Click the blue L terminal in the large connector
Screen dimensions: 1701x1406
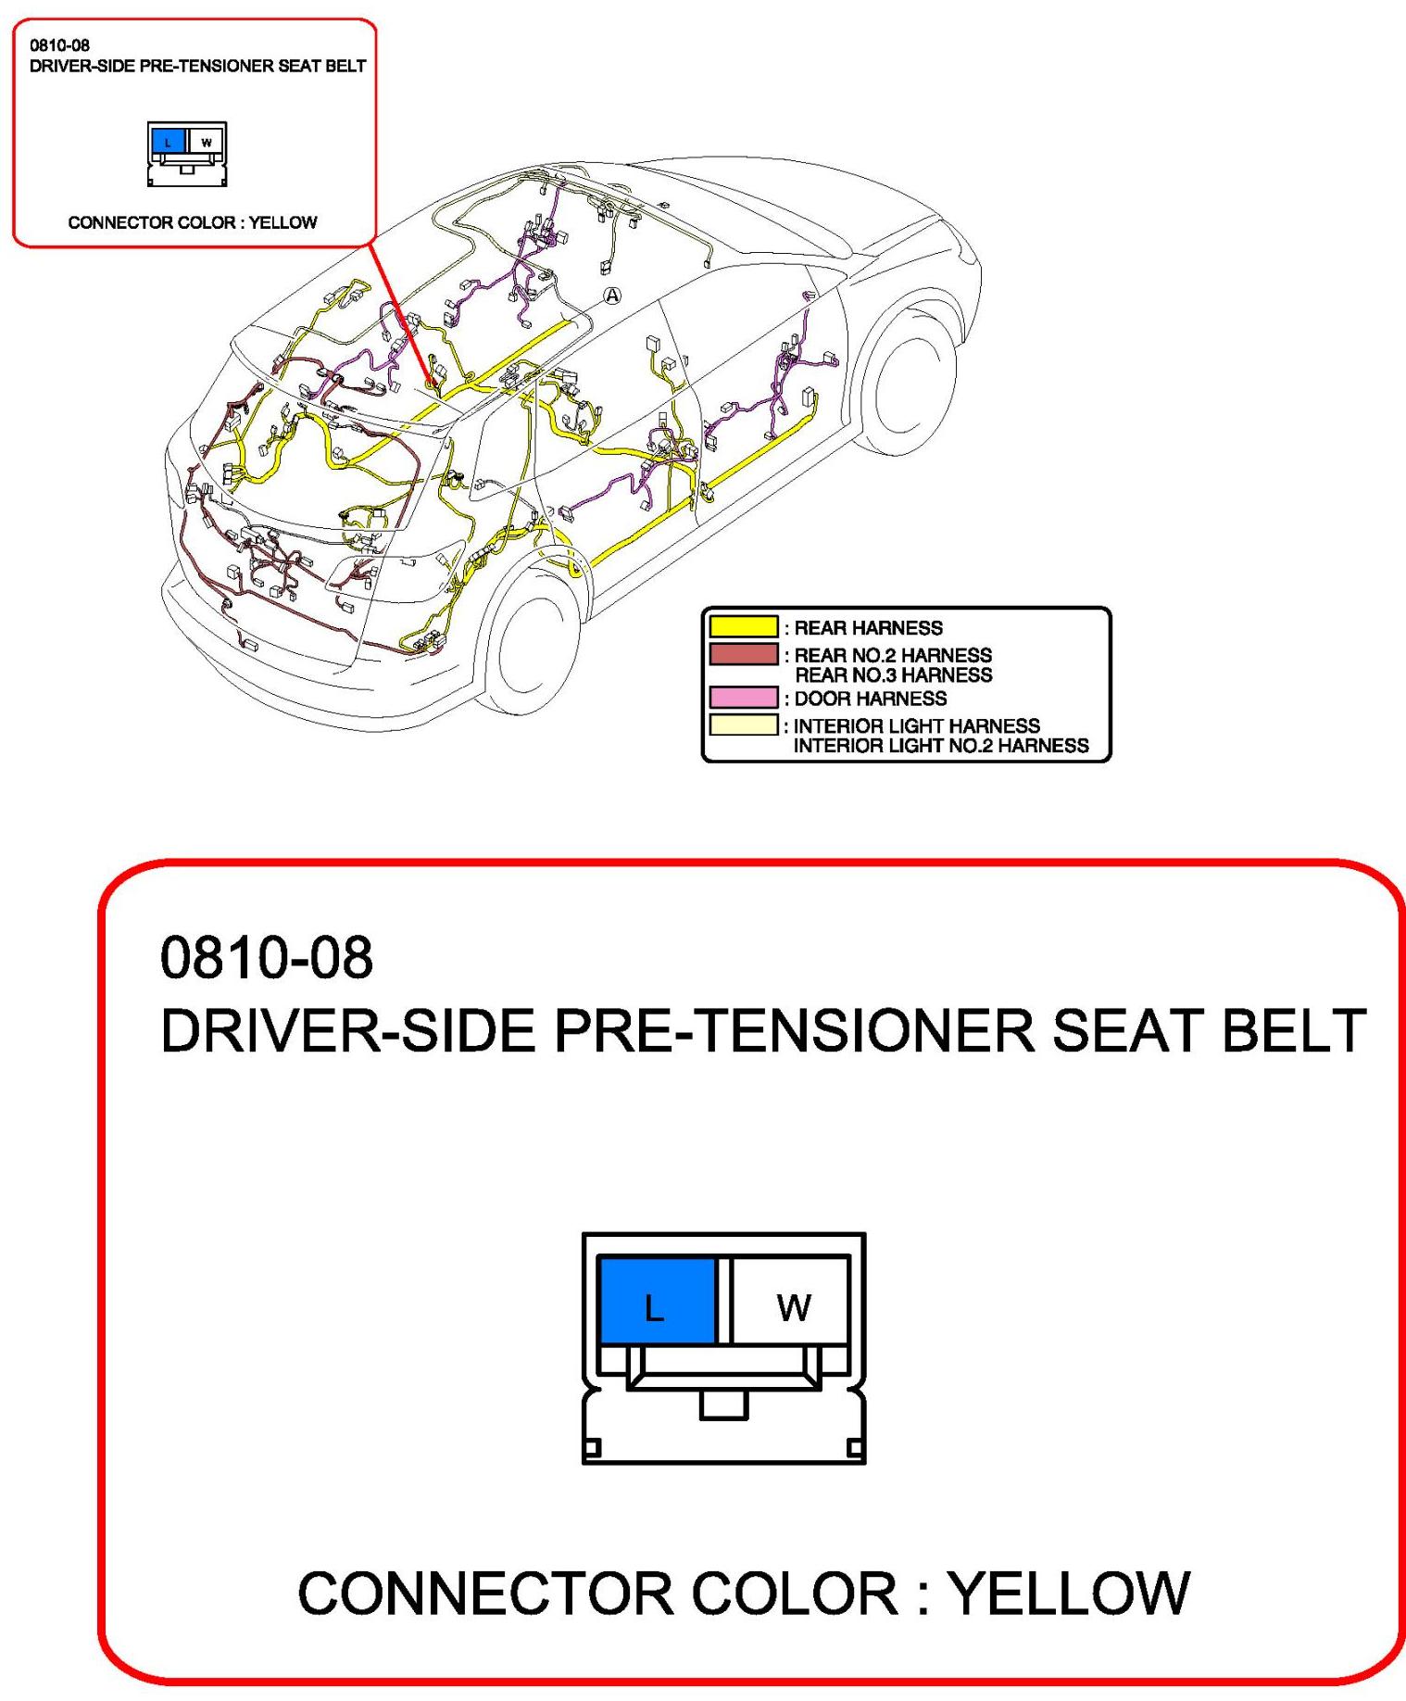point(657,1300)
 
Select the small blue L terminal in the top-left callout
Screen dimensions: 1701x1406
point(168,142)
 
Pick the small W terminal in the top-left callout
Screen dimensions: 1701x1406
point(206,142)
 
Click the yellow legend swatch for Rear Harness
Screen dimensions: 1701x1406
point(743,627)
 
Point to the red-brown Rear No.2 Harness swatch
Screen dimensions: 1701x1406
point(743,654)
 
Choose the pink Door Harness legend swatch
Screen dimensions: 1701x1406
point(743,698)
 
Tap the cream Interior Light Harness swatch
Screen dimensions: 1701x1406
point(743,724)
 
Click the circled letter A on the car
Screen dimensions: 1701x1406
point(612,296)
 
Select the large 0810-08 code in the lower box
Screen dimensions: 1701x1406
point(267,957)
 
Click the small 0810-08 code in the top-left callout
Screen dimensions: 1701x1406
point(60,44)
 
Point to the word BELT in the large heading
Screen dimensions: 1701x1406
point(1294,1030)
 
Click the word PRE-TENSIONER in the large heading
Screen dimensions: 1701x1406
point(794,1030)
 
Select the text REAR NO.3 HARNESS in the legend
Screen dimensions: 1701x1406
point(894,675)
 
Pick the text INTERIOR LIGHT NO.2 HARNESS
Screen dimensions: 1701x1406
point(941,746)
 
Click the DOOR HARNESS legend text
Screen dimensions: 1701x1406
point(871,699)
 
